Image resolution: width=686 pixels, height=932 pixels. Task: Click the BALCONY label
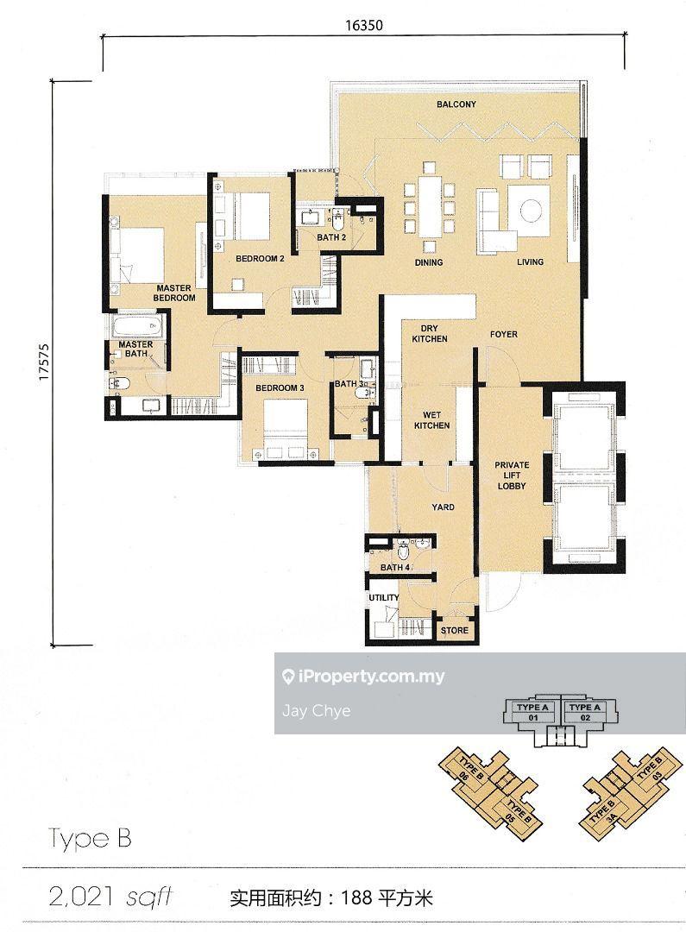click(x=456, y=104)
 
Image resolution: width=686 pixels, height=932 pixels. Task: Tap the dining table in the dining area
click(x=429, y=206)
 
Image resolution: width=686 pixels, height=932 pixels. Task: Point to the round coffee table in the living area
click(x=531, y=210)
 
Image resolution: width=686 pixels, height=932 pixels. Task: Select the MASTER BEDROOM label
click(x=174, y=293)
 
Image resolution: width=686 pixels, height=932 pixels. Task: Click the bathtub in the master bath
click(x=137, y=326)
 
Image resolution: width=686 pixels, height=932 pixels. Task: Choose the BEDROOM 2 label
click(x=260, y=259)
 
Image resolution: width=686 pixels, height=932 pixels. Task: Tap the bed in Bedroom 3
click(x=286, y=428)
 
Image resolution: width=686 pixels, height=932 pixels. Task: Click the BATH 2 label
click(x=331, y=237)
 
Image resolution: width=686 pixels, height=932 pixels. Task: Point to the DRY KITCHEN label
click(x=429, y=333)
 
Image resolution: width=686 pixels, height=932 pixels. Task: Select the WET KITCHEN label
click(x=431, y=420)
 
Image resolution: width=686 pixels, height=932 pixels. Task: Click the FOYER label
click(x=504, y=335)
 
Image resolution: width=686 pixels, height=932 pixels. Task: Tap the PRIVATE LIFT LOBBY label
click(x=512, y=475)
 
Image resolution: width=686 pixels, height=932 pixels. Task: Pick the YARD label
click(x=443, y=507)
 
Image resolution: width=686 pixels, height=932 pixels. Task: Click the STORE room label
click(x=454, y=630)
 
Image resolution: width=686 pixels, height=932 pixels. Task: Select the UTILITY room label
click(x=384, y=597)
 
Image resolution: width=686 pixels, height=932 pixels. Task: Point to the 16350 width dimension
click(x=364, y=25)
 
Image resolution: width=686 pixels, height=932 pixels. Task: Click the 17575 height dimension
click(x=42, y=362)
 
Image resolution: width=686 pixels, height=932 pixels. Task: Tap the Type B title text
click(x=90, y=838)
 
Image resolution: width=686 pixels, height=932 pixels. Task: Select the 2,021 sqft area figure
click(x=110, y=897)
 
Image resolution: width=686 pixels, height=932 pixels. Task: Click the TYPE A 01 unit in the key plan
click(x=532, y=711)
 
